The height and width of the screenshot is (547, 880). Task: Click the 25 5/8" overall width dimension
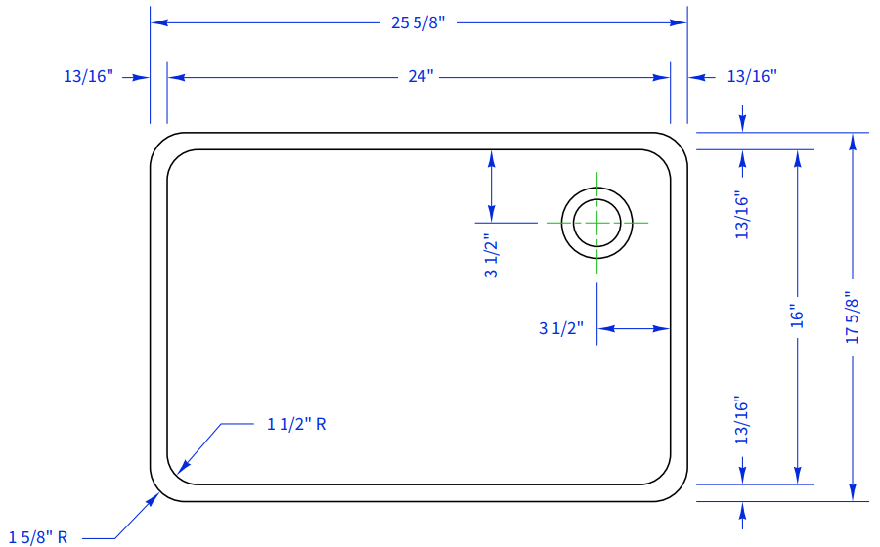coord(418,23)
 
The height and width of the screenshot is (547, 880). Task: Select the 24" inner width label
coord(420,76)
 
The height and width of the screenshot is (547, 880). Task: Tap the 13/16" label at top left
coord(89,76)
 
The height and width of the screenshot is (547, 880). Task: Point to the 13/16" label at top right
coord(752,76)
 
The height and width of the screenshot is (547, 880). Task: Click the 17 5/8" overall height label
coord(852,317)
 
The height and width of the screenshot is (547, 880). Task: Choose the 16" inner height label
coord(797,316)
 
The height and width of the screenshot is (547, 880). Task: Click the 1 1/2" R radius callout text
coord(296,424)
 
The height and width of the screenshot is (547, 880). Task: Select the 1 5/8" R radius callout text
coord(38,538)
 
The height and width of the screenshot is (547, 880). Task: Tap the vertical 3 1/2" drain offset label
coord(491,256)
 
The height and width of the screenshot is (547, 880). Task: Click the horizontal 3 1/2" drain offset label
coord(561,328)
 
